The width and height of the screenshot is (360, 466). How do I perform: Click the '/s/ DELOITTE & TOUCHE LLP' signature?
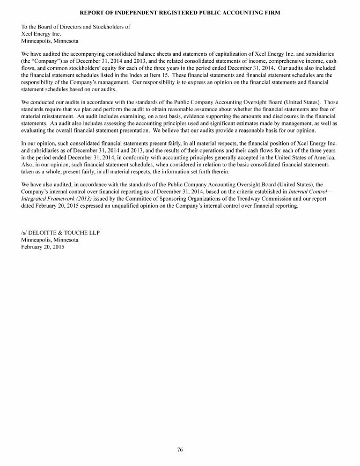60,232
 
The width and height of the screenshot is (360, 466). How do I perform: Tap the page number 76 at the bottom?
180,450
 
